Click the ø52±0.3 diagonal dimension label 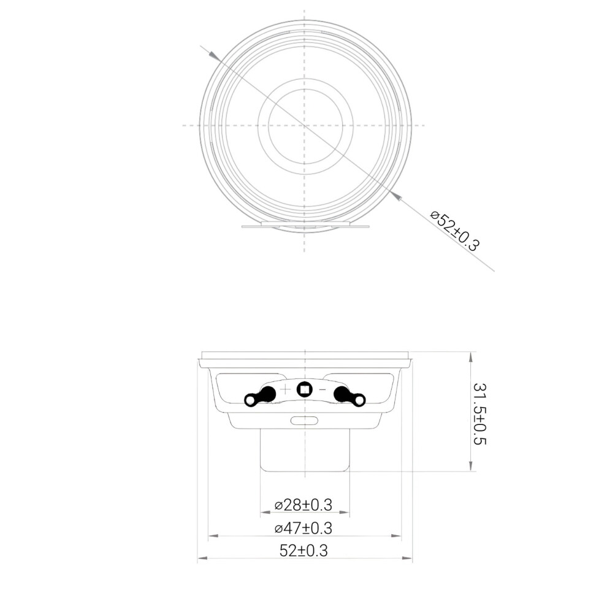coord(456,231)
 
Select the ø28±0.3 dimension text coord(303,505)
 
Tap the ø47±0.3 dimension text coord(303,528)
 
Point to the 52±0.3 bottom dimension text coord(304,551)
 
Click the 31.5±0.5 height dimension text coord(479,414)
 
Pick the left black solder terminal coord(261,396)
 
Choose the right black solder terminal coord(349,396)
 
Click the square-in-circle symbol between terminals coord(305,389)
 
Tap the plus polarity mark coord(285,389)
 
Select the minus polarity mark coord(323,389)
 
